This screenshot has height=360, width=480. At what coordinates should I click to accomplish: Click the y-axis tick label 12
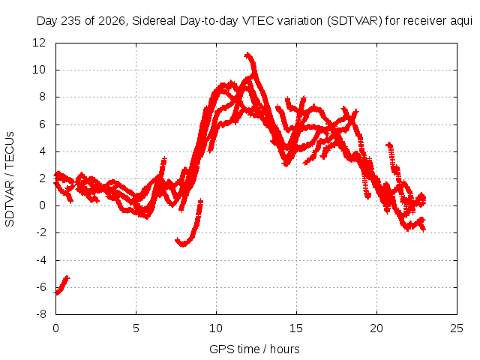[x=39, y=43]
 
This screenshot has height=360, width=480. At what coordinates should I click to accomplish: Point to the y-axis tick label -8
[x=41, y=314]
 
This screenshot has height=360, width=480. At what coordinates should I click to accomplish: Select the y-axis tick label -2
[x=41, y=232]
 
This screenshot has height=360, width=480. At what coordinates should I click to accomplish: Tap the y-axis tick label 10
[x=39, y=70]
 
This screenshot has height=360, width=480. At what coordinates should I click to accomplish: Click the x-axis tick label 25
[x=457, y=328]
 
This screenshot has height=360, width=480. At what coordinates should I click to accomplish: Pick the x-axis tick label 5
[x=136, y=328]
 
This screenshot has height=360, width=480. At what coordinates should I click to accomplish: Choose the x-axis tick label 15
[x=296, y=328]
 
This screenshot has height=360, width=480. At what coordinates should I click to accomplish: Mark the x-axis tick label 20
[x=376, y=328]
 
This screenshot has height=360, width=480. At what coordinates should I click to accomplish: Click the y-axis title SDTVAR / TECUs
[x=10, y=179]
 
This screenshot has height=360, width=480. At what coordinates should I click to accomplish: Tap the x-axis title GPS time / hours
[x=254, y=349]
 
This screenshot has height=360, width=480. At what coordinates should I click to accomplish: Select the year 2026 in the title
[x=112, y=21]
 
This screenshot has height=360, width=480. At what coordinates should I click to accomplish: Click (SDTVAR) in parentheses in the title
[x=355, y=21]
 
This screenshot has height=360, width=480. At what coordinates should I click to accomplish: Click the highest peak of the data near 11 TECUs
[x=247, y=55]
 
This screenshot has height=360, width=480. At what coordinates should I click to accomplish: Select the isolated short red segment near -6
[x=61, y=285]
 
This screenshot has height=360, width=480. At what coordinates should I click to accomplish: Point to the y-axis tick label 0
[x=42, y=205]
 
